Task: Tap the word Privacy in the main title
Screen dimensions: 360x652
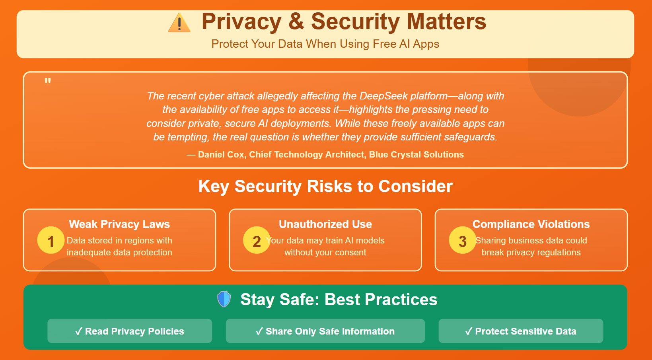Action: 241,21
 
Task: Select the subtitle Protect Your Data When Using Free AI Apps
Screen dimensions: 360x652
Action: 325,44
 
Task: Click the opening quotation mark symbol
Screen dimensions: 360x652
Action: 48,81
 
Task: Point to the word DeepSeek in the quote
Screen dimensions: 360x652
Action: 383,96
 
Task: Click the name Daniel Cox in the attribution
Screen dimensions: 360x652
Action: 221,154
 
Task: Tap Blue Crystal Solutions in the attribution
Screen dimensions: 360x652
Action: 416,154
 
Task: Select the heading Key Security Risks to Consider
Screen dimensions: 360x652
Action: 325,186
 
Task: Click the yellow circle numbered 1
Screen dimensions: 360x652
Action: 51,240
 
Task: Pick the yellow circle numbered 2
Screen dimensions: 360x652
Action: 257,240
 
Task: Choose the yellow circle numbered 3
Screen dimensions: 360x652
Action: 462,240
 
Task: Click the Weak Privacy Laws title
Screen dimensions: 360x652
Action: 119,224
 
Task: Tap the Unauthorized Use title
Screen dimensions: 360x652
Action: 325,224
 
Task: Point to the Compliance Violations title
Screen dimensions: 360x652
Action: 531,224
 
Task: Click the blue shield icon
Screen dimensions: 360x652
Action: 224,299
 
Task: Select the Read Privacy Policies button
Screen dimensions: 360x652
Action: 130,331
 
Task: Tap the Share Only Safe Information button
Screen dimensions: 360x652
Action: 325,331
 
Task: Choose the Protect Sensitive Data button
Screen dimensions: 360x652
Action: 521,331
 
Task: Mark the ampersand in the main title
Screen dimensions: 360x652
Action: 296,21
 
